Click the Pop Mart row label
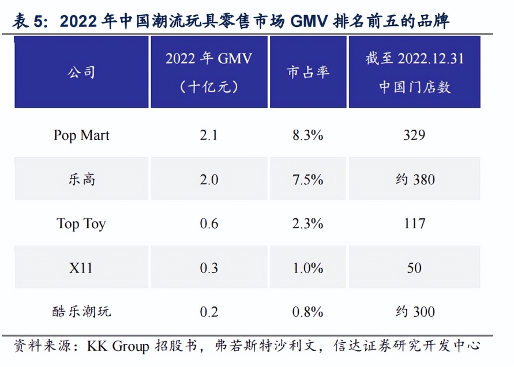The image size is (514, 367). coord(81,135)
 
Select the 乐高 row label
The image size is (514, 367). coord(81,179)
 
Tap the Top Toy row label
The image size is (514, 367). coord(81,224)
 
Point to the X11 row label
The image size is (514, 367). coord(81,268)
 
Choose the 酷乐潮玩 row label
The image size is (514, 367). coord(81,312)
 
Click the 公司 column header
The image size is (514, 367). coord(81,72)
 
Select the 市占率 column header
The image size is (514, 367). coord(308,72)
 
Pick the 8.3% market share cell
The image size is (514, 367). coord(308,135)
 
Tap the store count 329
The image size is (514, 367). coord(414,135)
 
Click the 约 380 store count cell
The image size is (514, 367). coord(414,179)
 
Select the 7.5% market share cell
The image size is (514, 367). coord(308,179)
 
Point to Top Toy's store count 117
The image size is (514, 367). coord(414,224)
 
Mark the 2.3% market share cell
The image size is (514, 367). coord(308,224)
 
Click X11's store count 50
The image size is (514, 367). coord(414,268)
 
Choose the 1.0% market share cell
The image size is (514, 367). coord(308,268)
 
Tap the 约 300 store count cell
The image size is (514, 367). coord(414,312)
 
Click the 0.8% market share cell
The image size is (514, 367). coord(308,312)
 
